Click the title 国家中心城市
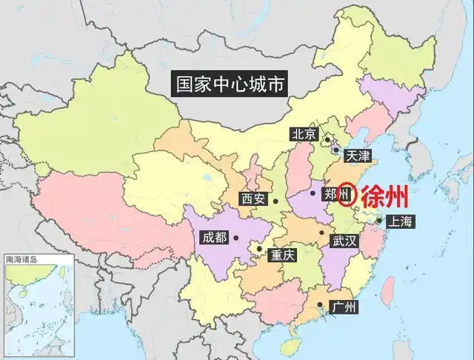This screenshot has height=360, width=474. pos(227,84)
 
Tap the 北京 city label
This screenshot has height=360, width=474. pos(304,134)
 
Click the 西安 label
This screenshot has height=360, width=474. pos(253,199)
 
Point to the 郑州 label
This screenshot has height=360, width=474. pos(326,194)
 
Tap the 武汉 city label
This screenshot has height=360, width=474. pos(344,241)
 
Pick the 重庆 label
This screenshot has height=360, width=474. pos(282,254)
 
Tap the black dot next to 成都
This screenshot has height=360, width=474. pos(236,239)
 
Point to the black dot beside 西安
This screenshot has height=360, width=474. pos(276,200)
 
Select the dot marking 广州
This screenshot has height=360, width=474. pos(320,304)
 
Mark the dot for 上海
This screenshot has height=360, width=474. pos(378,220)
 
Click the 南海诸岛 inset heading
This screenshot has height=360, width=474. pos(21,260)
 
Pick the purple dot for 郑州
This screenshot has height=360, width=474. pos(313,194)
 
